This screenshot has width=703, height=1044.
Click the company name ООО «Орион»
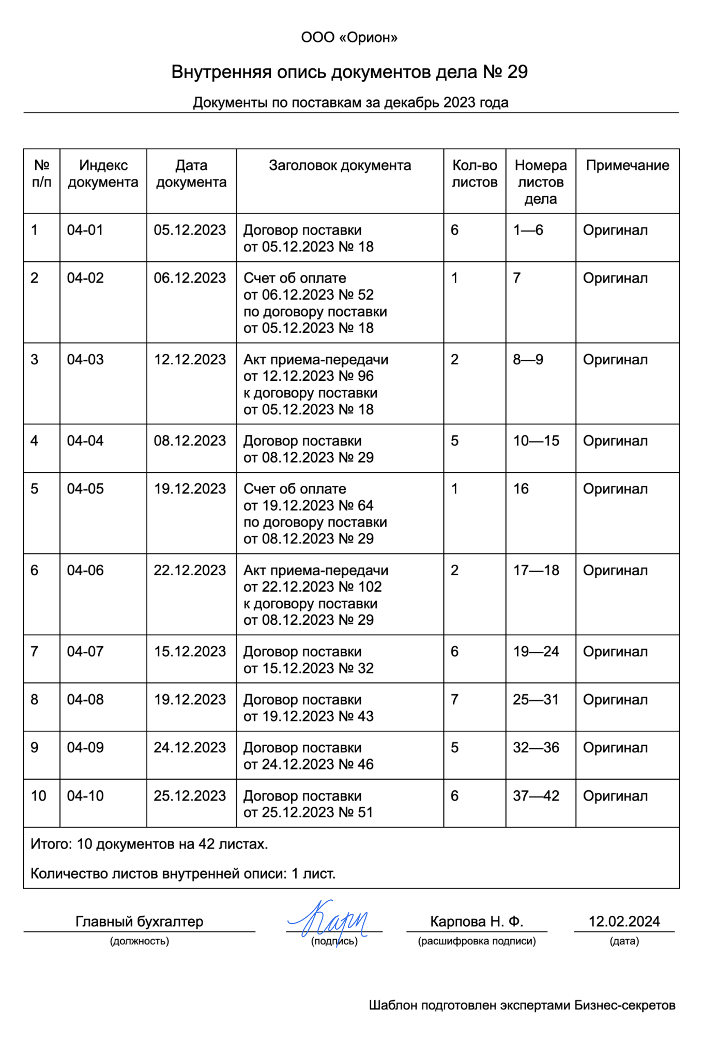point(349,38)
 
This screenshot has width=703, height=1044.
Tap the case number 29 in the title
point(517,72)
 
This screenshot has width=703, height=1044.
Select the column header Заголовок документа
point(340,165)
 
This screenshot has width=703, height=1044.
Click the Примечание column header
point(627,165)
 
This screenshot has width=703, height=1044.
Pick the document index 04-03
point(85,359)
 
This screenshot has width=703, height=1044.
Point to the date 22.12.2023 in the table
point(190,570)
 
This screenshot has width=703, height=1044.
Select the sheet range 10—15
point(536,441)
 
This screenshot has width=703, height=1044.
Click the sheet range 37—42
point(536,795)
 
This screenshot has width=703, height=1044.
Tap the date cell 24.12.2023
point(190,747)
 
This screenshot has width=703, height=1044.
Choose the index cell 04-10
point(85,795)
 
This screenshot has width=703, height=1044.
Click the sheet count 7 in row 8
point(454,699)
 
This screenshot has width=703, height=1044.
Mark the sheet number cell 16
point(521,489)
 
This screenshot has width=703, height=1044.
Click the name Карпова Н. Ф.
point(477,922)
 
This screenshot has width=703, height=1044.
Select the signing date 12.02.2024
point(624,922)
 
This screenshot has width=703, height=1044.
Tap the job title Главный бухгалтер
point(139,922)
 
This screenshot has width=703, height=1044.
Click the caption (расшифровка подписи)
point(477,941)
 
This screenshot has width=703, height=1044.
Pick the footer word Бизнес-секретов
point(625,1005)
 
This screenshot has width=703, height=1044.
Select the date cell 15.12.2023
point(190,651)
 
